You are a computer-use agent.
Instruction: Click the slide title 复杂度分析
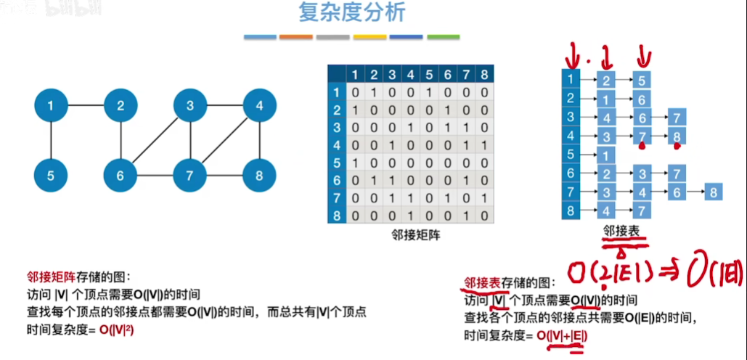(x=352, y=13)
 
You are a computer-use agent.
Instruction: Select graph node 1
(x=50, y=107)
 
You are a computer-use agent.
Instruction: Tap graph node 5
(x=50, y=176)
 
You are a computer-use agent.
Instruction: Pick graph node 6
(x=121, y=176)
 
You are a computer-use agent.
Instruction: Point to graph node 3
(x=190, y=107)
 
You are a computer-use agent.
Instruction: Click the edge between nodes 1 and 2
(x=85, y=107)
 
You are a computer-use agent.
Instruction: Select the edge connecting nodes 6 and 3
(x=155, y=142)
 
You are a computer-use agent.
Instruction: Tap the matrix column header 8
(x=485, y=74)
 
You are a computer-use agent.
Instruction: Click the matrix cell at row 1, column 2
(x=373, y=92)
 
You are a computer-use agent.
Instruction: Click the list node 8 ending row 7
(x=714, y=193)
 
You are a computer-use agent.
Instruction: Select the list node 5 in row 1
(x=642, y=80)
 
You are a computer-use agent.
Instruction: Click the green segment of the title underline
(x=443, y=36)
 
